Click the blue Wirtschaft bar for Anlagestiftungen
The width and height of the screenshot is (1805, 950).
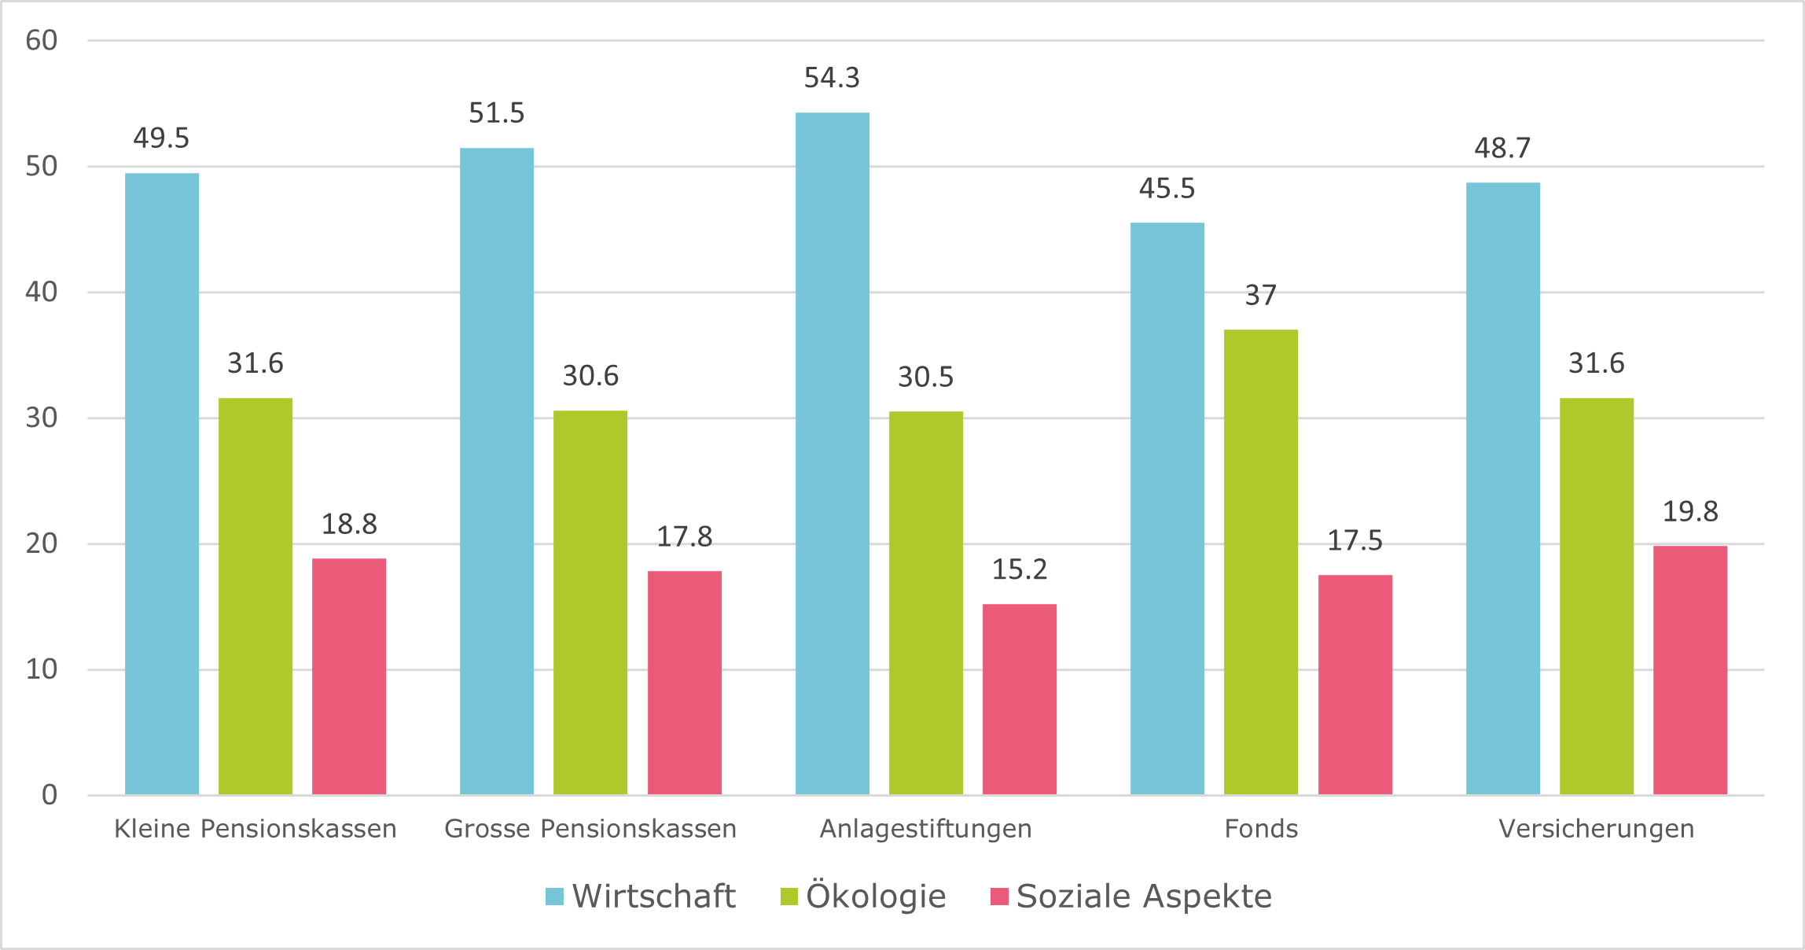(832, 453)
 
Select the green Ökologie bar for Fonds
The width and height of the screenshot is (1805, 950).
(1261, 562)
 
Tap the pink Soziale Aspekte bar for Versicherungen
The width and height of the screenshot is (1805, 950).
(1690, 670)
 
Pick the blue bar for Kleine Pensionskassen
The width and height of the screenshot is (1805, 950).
(162, 483)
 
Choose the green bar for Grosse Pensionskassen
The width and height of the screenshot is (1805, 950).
(590, 602)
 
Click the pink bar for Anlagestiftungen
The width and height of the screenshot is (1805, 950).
(1020, 699)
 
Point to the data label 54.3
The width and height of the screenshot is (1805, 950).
(832, 78)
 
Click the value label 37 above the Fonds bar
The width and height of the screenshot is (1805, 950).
(1261, 295)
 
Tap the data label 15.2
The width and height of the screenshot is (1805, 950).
(1020, 569)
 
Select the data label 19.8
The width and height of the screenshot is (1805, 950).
(1690, 512)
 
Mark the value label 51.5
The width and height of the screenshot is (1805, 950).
(497, 113)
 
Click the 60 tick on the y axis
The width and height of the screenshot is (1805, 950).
(42, 40)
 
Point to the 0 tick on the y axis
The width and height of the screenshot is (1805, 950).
(50, 795)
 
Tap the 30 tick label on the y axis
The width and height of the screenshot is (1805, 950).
(42, 418)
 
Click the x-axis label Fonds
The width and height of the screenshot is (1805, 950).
(1261, 829)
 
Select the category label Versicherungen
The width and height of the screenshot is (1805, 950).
(1597, 829)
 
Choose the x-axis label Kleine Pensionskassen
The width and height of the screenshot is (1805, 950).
(255, 829)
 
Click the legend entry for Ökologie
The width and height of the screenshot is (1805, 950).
(863, 897)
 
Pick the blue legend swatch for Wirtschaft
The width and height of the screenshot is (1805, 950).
(555, 897)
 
